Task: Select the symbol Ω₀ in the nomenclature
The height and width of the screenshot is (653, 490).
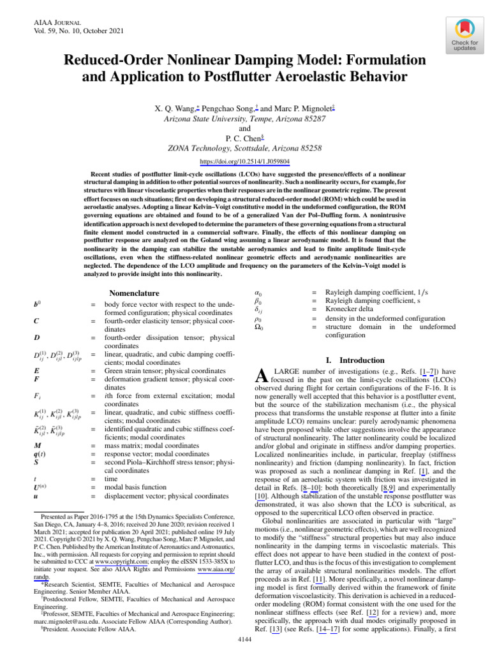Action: coord(259,327)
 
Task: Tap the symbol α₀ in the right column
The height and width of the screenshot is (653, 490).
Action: coord(258,291)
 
